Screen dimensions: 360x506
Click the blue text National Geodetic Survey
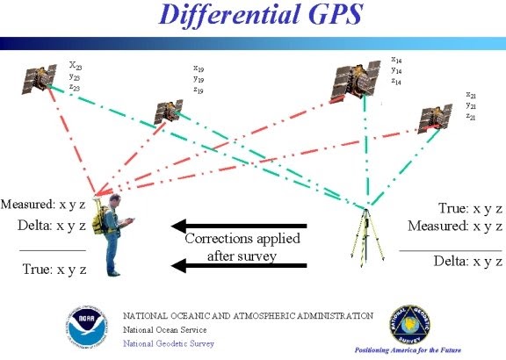pyautogui.click(x=168, y=343)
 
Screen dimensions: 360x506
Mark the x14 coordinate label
pyautogui.click(x=397, y=60)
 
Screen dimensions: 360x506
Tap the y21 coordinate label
pyautogui.click(x=472, y=106)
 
